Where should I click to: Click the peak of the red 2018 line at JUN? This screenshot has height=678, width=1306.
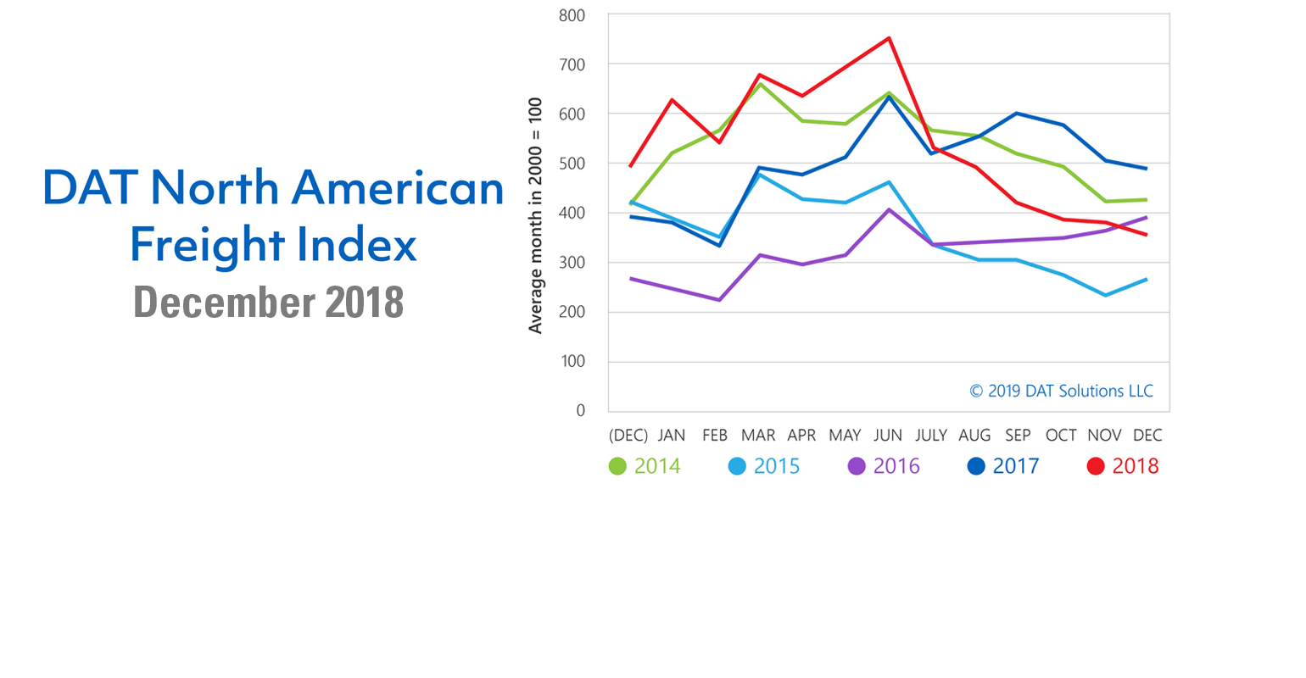coord(889,38)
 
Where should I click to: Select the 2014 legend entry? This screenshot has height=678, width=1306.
coord(645,466)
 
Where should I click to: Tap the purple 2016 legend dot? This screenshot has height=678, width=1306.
coord(857,467)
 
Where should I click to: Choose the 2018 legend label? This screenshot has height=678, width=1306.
coord(1135,466)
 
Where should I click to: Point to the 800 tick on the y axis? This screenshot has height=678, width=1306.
coord(572,15)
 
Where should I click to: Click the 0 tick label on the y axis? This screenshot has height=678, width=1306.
coord(580,411)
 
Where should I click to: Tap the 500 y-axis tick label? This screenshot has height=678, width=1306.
coord(572,164)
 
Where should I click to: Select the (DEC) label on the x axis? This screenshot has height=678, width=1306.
coord(628,436)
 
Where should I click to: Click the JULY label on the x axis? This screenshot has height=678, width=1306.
coord(931,436)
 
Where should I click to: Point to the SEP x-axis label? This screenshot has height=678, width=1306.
coord(1018,436)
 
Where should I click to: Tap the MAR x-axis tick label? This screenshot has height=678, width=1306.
coord(758,436)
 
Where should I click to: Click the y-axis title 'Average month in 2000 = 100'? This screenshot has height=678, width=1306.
coord(535,216)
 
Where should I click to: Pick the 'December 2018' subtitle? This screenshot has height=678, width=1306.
coord(268,302)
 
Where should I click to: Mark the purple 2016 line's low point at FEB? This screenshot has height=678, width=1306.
coord(719,300)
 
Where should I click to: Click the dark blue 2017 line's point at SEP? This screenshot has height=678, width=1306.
coord(1017,114)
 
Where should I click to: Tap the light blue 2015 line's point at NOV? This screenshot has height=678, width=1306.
coord(1105,295)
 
